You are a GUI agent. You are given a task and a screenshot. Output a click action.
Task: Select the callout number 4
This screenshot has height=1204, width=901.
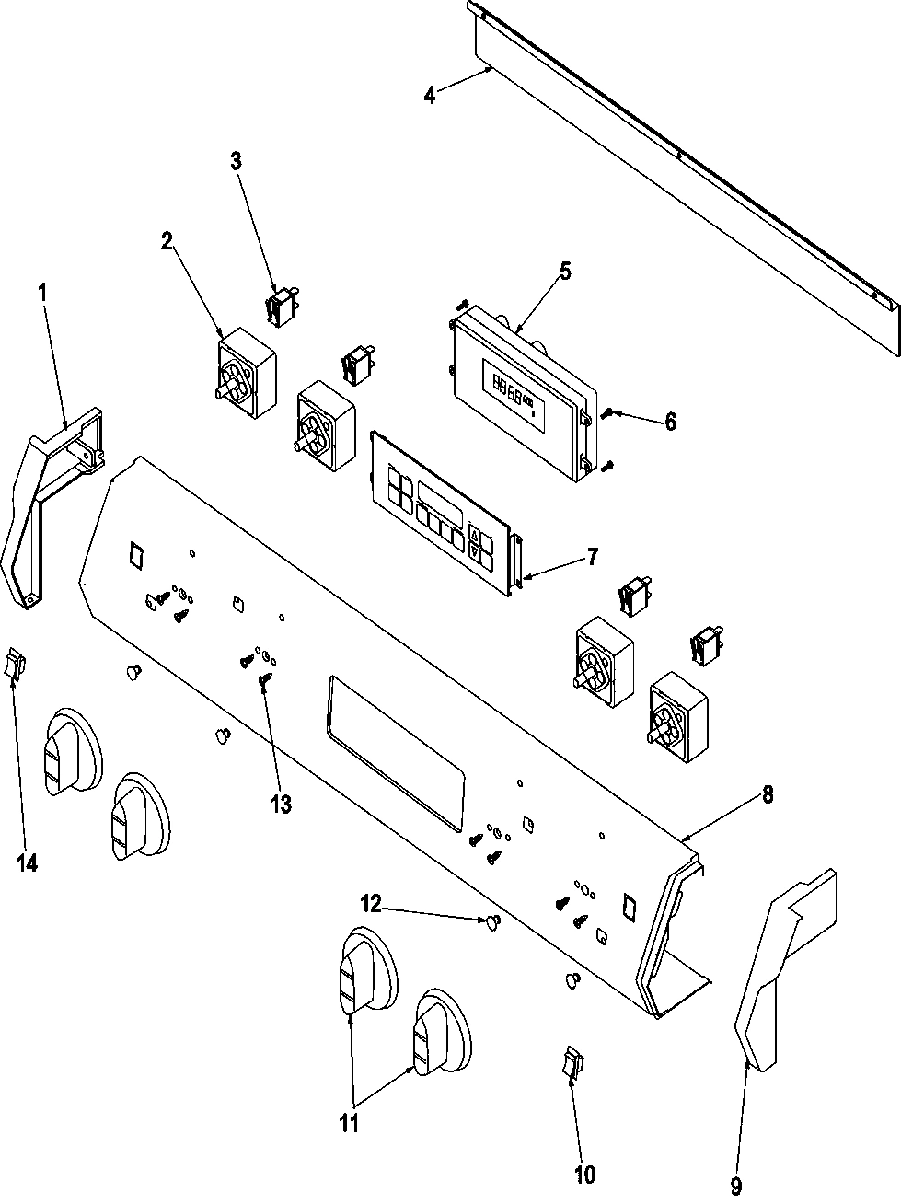coord(429,94)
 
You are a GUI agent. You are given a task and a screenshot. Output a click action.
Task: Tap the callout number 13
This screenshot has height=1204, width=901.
coord(281,803)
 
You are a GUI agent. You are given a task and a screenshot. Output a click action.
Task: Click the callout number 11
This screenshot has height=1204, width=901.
coord(350,1123)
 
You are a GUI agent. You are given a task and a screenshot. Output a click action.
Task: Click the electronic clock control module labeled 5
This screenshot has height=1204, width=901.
coord(520,387)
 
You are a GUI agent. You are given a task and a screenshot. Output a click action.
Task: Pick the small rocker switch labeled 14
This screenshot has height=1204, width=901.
coord(12,663)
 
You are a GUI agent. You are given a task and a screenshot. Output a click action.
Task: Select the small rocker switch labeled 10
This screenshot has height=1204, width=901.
coord(572,1063)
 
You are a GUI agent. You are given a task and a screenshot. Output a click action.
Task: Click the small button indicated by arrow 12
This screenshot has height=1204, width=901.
coord(494,920)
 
